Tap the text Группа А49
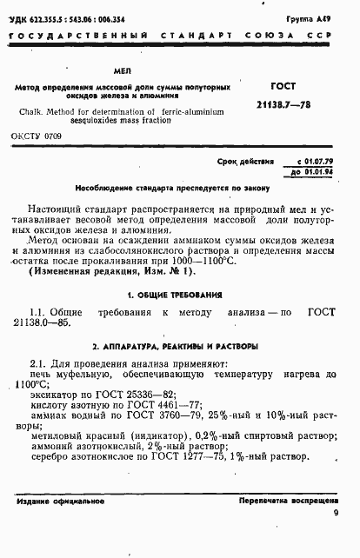pos(319,18)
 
